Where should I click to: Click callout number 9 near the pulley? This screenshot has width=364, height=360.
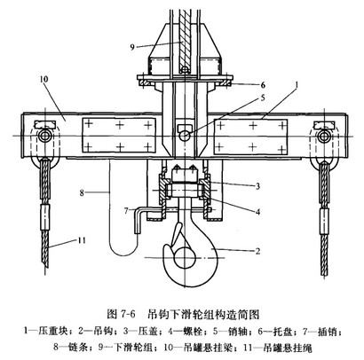point(132,47)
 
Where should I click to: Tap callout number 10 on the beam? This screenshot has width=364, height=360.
point(44,79)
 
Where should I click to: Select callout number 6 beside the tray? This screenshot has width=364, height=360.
point(263,85)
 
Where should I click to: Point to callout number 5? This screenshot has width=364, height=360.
point(263,98)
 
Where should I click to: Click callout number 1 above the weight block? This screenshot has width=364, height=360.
point(297,85)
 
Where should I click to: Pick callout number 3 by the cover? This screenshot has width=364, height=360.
point(257,186)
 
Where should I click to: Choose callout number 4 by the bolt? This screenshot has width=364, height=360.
point(257,212)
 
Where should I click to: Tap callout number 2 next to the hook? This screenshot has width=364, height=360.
point(257,251)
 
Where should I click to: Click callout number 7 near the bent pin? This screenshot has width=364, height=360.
point(126,211)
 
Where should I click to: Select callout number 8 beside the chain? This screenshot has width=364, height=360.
point(82,193)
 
